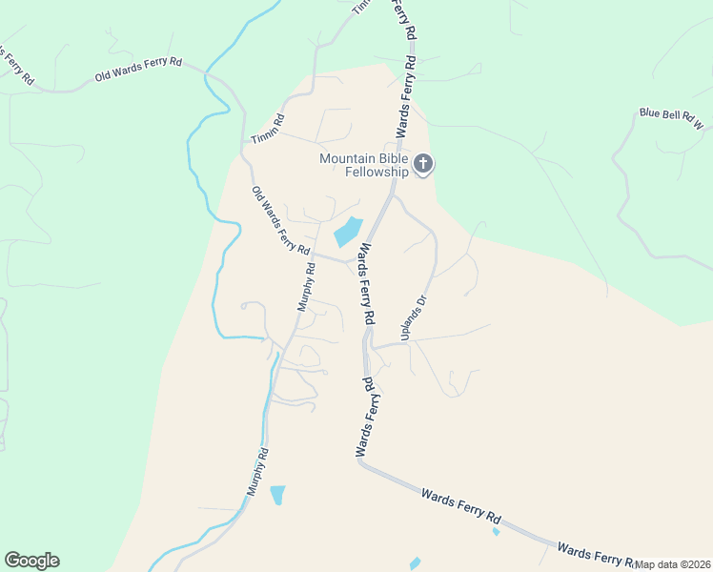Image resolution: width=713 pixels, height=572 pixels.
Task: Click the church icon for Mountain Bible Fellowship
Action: click(424, 165)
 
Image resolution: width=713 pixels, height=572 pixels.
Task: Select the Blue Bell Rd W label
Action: click(671, 117)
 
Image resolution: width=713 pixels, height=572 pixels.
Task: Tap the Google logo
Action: click(31, 561)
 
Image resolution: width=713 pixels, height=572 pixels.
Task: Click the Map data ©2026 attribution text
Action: click(673, 564)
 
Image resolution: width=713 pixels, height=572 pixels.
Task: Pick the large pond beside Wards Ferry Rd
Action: click(347, 232)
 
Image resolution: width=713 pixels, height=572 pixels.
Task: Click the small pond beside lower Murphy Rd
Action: click(277, 495)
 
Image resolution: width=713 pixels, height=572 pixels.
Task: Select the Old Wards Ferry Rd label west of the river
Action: click(137, 68)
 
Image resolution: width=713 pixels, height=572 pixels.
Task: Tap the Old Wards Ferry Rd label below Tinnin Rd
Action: click(281, 220)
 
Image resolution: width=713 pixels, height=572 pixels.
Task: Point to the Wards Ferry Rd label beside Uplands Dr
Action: click(366, 282)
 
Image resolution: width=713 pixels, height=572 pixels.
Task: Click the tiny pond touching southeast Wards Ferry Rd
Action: click(496, 531)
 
